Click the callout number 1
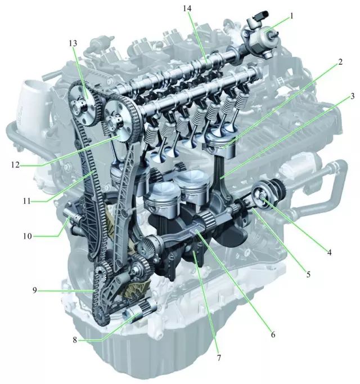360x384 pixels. [291, 16]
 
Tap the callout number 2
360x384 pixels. [340, 62]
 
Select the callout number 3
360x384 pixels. [352, 96]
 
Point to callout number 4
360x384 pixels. [330, 252]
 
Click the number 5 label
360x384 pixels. [308, 274]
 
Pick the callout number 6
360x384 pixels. [273, 334]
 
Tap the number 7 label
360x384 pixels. [219, 358]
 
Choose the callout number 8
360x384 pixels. [75, 340]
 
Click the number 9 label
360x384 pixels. [35, 291]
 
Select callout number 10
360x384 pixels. [28, 236]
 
